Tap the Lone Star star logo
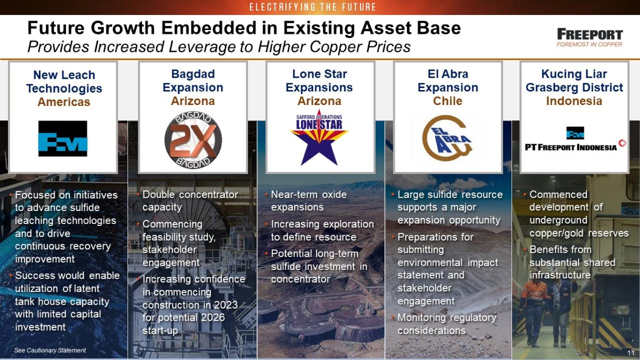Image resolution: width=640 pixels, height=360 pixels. (x=319, y=138)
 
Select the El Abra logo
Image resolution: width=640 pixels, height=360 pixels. (x=447, y=138)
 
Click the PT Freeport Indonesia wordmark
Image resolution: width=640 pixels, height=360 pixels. (x=571, y=148)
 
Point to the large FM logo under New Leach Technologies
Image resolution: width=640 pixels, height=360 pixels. (x=63, y=139)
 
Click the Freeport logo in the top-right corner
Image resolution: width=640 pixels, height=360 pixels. (x=590, y=37)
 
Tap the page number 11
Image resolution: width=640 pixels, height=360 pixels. (x=631, y=353)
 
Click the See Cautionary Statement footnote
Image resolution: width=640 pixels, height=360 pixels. (x=50, y=350)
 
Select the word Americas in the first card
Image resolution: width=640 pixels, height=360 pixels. (x=64, y=102)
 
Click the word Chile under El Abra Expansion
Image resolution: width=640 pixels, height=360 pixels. (x=447, y=101)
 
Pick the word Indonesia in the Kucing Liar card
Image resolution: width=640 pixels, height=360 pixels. (x=574, y=101)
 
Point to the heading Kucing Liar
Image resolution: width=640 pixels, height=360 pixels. (x=574, y=74)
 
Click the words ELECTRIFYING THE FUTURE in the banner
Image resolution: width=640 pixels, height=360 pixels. (x=313, y=7)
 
